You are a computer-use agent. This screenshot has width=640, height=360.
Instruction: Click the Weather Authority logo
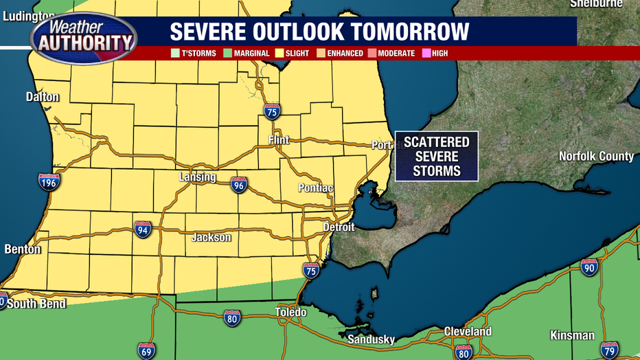coord(83,36)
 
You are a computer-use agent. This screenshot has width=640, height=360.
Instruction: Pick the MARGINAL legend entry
coord(247,54)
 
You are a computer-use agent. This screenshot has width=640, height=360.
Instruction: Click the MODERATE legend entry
coord(392,54)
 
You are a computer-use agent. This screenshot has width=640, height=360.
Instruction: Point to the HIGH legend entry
coord(435,54)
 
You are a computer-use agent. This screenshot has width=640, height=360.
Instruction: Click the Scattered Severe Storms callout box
coord(436,156)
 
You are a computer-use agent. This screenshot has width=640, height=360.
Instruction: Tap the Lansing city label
coord(198,177)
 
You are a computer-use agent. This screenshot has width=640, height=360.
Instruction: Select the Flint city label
coord(279,140)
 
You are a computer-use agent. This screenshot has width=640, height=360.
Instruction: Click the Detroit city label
coord(339,227)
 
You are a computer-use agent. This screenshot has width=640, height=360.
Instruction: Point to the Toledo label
coord(291,313)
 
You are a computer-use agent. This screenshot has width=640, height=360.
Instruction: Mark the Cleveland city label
coord(468,331)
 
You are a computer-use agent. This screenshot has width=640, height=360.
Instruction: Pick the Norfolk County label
coord(596,157)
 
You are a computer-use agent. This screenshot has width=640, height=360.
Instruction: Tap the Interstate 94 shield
coord(143,230)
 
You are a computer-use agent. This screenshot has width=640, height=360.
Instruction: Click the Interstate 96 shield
coord(238,184)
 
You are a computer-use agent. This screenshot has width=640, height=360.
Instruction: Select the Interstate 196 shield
coord(49,181)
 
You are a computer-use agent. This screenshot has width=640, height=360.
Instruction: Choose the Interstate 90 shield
coord(589,267)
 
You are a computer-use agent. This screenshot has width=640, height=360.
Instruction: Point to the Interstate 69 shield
coord(145,351)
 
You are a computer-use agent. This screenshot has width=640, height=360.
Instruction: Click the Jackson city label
coord(211,238)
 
